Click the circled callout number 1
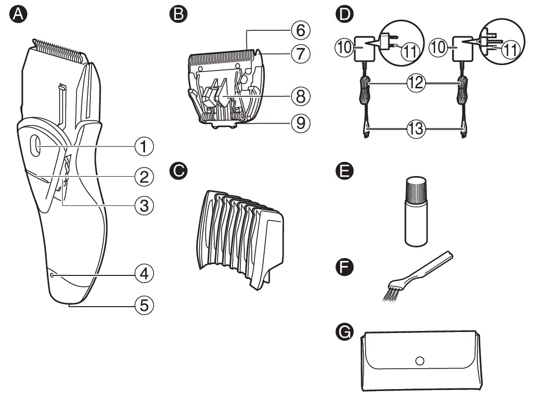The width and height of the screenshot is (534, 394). pyautogui.click(x=144, y=146)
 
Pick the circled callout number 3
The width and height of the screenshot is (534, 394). pyautogui.click(x=144, y=205)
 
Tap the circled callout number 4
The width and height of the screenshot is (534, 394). pyautogui.click(x=144, y=273)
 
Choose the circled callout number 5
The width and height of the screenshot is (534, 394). pyautogui.click(x=144, y=305)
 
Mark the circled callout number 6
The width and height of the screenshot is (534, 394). pyautogui.click(x=301, y=31)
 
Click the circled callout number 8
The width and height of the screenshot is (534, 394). pyautogui.click(x=301, y=96)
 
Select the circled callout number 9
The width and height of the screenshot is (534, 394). pyautogui.click(x=301, y=123)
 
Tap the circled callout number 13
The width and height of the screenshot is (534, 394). pyautogui.click(x=414, y=130)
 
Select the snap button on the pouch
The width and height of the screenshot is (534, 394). pyautogui.click(x=420, y=361)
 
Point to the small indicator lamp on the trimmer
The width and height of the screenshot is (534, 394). pyautogui.click(x=52, y=274)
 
